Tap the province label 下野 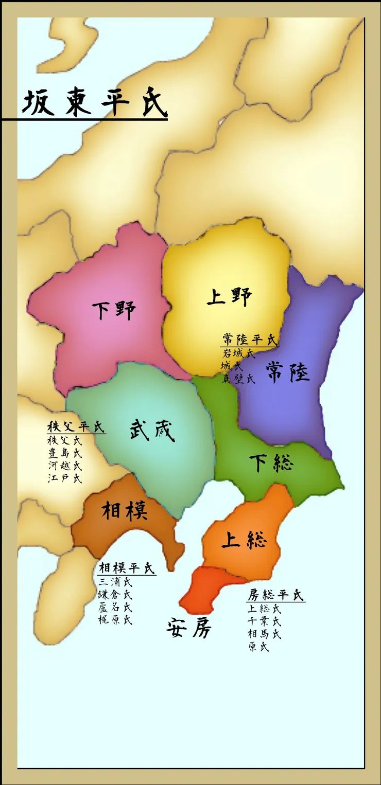tap(114, 311)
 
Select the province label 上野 tap(229, 297)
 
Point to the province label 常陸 tap(288, 371)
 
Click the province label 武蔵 tap(152, 430)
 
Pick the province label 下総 tap(271, 463)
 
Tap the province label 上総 tap(244, 540)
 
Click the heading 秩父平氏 tap(75, 427)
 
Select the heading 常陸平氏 tap(250, 340)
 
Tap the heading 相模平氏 tap(126, 568)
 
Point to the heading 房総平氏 tap(275, 596)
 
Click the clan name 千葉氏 tap(264, 621)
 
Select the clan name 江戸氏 tap(64, 478)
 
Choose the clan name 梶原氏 tap(115, 620)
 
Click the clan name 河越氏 tap(64, 466)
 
